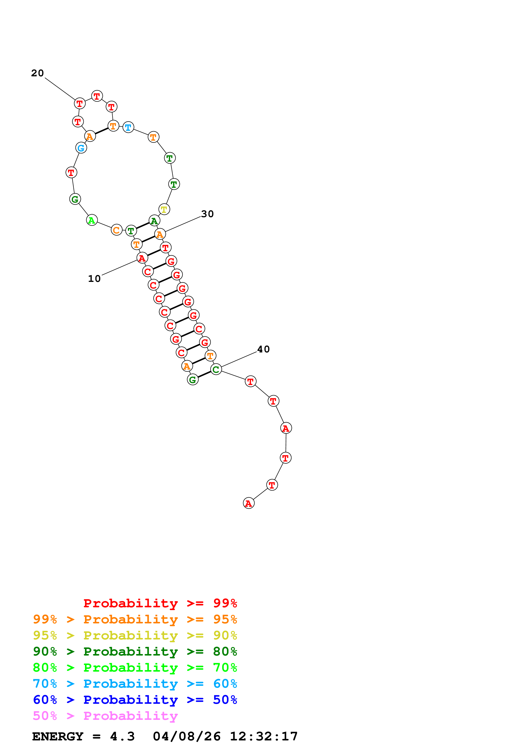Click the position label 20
coord(37,73)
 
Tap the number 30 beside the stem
coord(207,214)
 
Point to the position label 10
coord(94,279)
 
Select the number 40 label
coord(263,349)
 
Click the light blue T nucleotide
coord(128,127)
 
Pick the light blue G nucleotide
coord(81,148)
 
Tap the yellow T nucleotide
coord(164,209)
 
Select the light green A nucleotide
coord(92,220)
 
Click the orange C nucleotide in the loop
coord(116,230)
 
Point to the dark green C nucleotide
coord(216,369)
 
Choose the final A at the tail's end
coord(249,503)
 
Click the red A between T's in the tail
coord(286,428)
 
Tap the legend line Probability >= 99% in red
coord(160,603)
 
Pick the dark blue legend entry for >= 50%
coord(135,700)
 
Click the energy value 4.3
coord(122,736)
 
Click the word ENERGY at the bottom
coord(58,736)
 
